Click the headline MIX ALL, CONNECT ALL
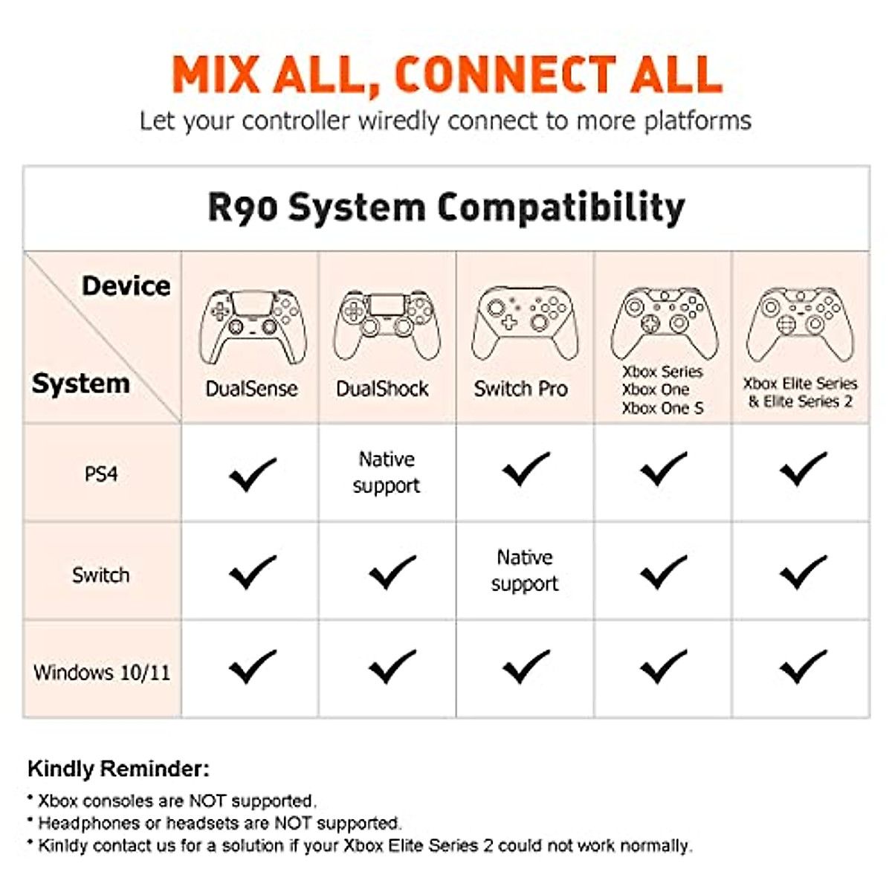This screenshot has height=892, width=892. pyautogui.click(x=447, y=74)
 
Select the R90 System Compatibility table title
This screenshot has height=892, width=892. pyautogui.click(x=446, y=207)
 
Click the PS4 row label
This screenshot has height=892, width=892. pyautogui.click(x=101, y=474)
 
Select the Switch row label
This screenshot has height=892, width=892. pyautogui.click(x=101, y=575)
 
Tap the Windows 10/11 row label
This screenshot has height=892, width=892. pyautogui.click(x=102, y=673)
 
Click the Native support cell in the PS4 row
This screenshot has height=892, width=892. pyautogui.click(x=387, y=472)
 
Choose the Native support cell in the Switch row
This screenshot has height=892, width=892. pyautogui.click(x=525, y=570)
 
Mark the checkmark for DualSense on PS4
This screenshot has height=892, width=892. pyautogui.click(x=253, y=474)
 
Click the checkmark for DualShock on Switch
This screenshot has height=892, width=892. pyautogui.click(x=392, y=572)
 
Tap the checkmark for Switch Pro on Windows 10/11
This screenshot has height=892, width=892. pyautogui.click(x=526, y=667)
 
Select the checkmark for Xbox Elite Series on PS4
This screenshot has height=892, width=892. pyautogui.click(x=803, y=470)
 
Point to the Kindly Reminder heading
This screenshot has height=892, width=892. pyautogui.click(x=118, y=769)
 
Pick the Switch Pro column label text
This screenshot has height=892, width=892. pyautogui.click(x=520, y=389)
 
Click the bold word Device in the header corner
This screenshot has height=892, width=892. pyautogui.click(x=126, y=286)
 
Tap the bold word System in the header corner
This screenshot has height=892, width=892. pyautogui.click(x=80, y=384)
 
